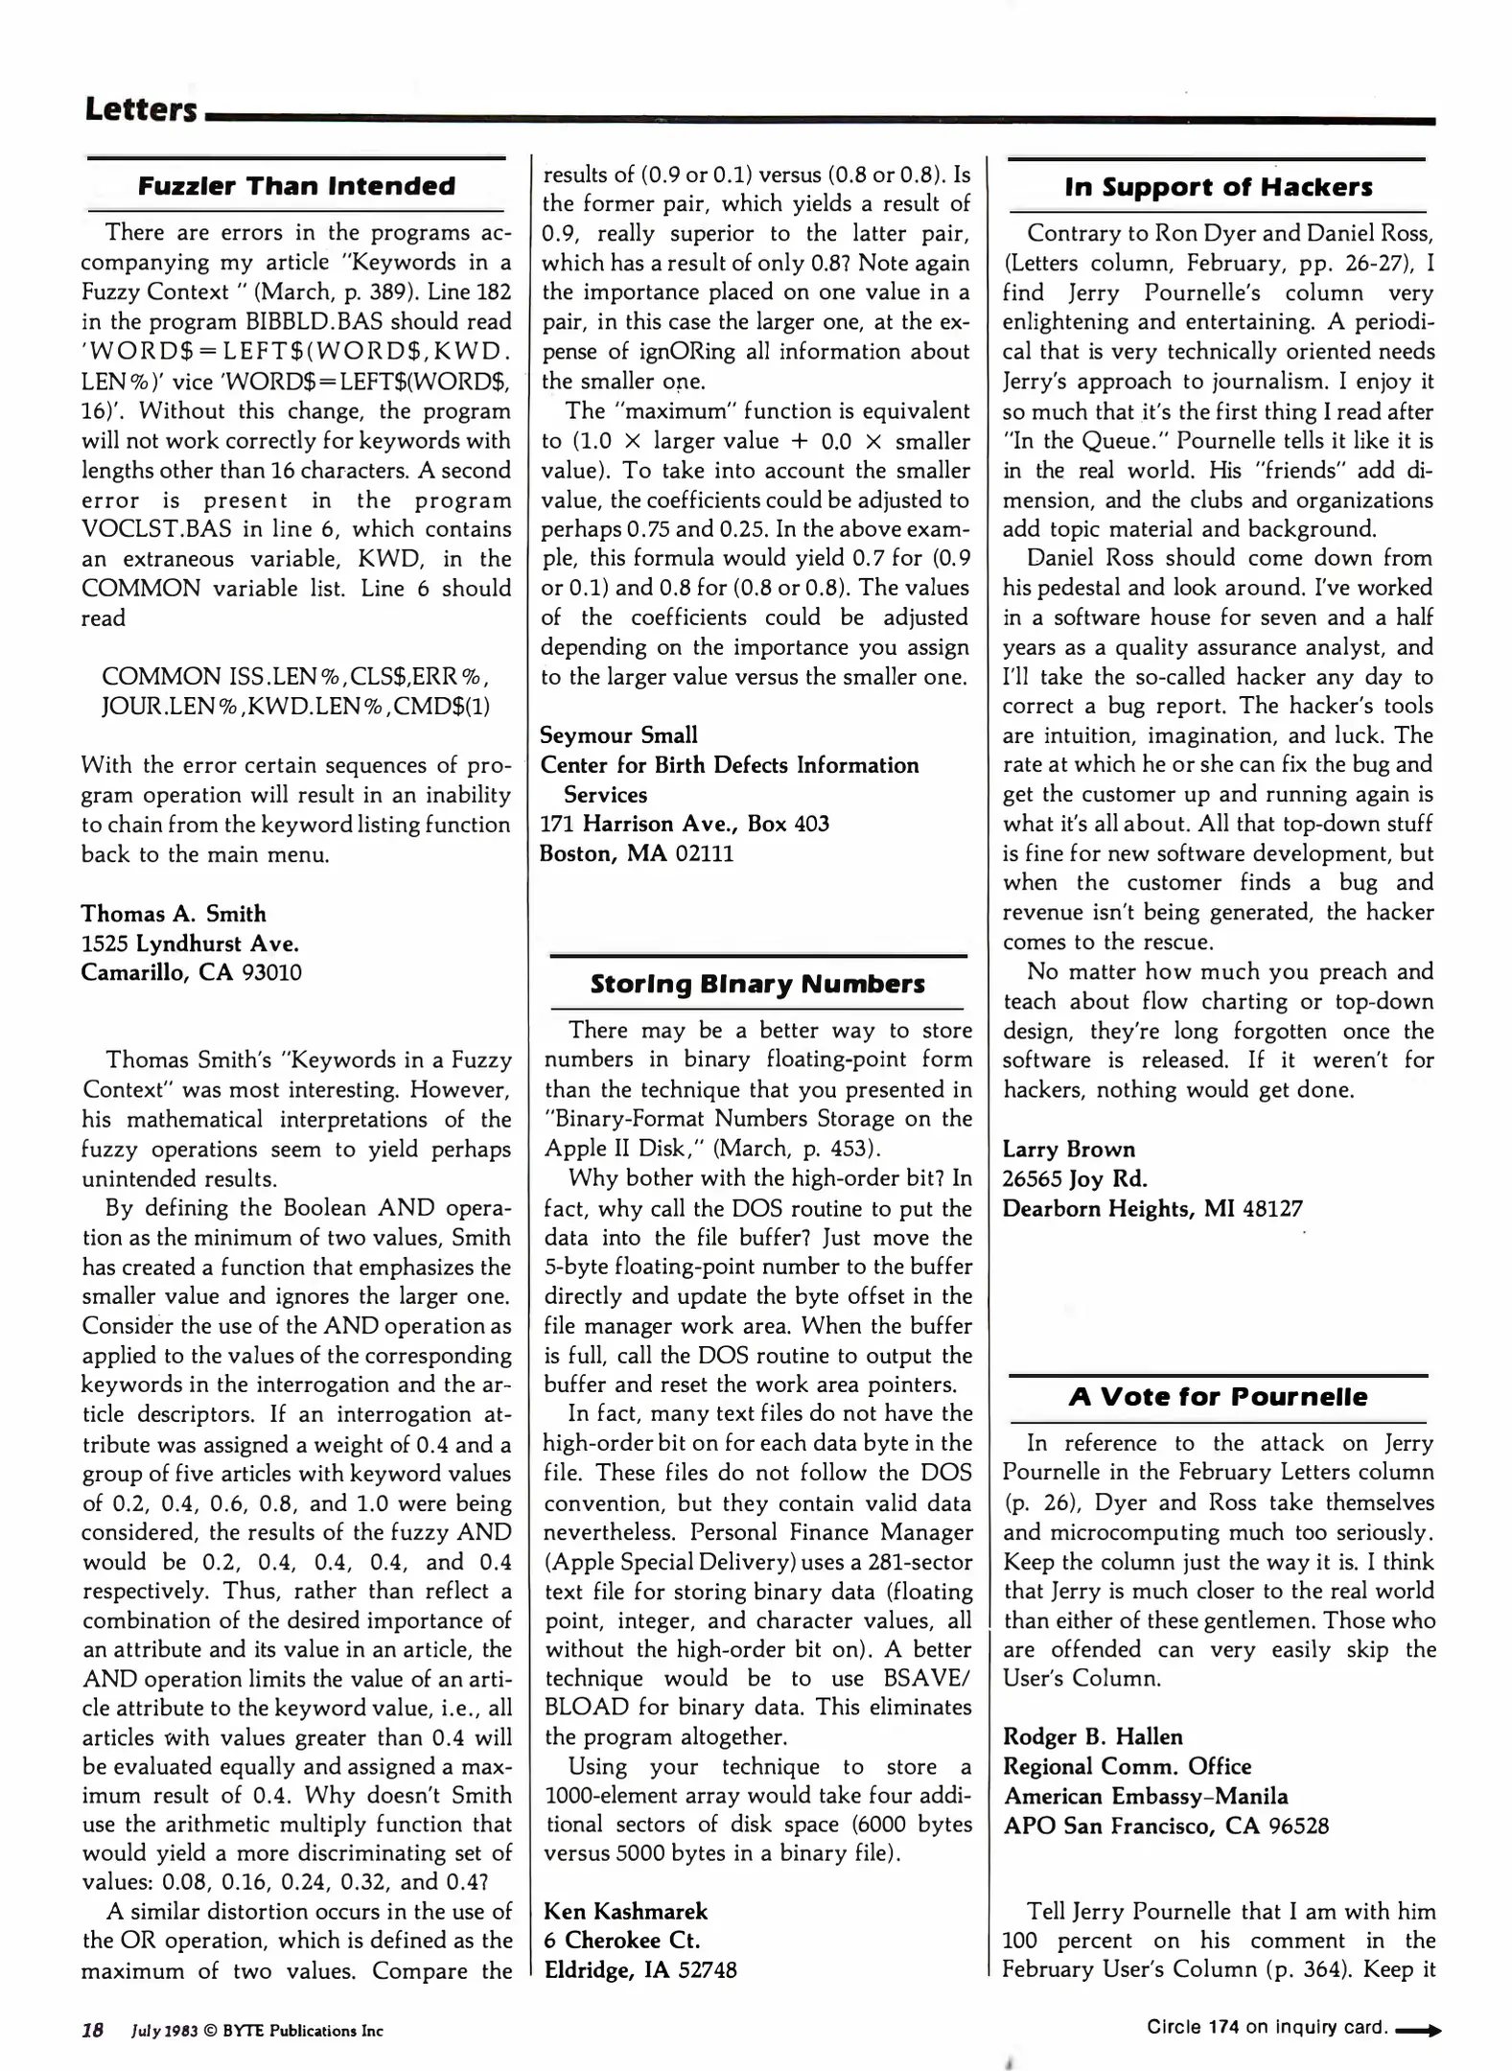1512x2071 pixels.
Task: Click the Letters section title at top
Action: pos(140,109)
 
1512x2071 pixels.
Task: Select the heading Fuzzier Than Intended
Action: pos(296,186)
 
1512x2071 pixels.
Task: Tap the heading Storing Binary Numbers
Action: pos(757,985)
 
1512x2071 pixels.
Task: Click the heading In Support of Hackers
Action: pos(1218,187)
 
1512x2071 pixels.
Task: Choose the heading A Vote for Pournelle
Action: pos(1218,1397)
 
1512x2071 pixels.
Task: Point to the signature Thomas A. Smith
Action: pos(174,914)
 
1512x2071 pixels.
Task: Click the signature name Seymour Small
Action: pos(618,735)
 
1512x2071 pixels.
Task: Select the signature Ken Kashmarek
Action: pos(625,1911)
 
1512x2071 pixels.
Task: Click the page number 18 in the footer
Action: pos(93,2030)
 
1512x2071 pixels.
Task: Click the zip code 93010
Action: pos(271,973)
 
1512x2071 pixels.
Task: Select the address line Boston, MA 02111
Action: pos(636,853)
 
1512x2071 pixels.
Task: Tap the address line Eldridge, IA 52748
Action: pos(640,1970)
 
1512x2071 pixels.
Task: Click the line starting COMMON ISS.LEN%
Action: pos(295,677)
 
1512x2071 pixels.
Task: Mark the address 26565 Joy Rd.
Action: pos(1074,1179)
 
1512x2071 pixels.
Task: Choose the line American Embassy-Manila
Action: pos(1145,1796)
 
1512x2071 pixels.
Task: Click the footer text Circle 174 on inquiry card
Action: pos(1267,2027)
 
